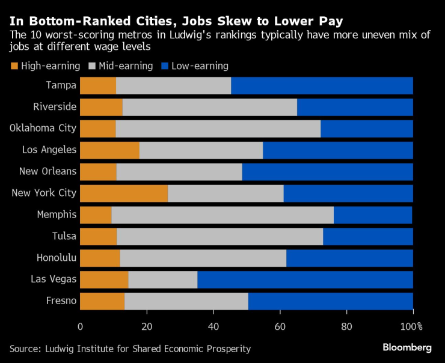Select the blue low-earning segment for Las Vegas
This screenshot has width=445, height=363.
coord(305,280)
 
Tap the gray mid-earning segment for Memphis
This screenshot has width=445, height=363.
coord(222,215)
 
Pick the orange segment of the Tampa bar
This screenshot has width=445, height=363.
coord(98,86)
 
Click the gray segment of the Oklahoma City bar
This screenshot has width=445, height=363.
coord(218,129)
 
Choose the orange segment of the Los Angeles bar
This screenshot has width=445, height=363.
coord(109,150)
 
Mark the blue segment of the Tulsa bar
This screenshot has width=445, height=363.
coord(368,237)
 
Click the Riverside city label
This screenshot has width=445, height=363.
coord(55,107)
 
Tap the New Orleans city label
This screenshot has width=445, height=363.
coord(48,171)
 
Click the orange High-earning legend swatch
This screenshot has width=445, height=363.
coord(14,66)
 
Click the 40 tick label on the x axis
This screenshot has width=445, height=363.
coord(213,326)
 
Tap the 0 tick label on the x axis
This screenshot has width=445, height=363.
coord(81,326)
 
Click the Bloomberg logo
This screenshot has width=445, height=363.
coord(407,347)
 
